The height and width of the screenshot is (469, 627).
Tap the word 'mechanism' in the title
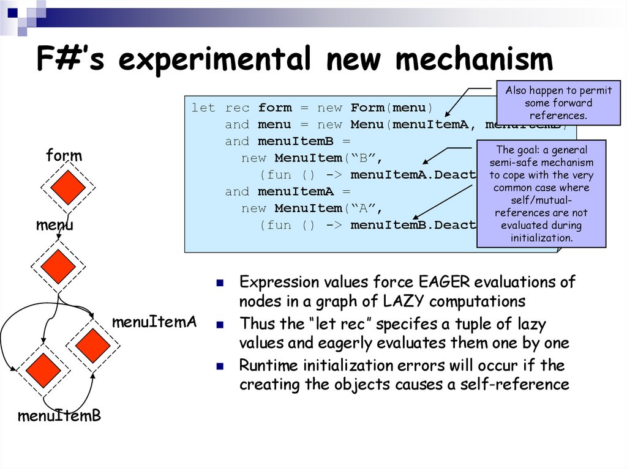pos(474,60)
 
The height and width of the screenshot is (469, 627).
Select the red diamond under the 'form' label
pos(68,188)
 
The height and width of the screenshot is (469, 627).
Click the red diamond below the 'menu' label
pos(58,266)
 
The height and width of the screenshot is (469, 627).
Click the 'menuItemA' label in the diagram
pos(154,322)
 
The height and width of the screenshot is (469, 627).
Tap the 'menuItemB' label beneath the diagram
pos(59,416)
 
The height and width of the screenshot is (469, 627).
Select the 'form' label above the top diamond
pos(64,156)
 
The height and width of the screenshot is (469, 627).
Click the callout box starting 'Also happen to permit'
pos(558,103)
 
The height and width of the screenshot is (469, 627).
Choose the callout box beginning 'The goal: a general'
pos(541,193)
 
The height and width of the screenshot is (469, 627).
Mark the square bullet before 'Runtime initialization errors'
pos(221,366)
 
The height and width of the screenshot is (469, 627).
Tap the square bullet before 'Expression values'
pos(221,283)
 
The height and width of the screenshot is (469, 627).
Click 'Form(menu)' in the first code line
pos(392,108)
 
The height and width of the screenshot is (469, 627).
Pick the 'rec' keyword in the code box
pos(237,108)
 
